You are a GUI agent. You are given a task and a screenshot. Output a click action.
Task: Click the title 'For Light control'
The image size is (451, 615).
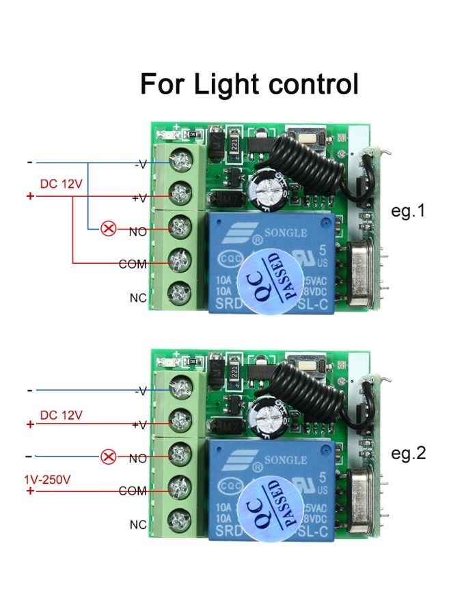click(249, 84)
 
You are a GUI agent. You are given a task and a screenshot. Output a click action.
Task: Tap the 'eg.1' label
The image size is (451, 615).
click(408, 211)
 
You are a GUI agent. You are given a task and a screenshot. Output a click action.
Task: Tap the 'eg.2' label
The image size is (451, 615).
click(408, 453)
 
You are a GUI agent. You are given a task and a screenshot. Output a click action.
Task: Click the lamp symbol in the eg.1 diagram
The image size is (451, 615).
click(108, 229)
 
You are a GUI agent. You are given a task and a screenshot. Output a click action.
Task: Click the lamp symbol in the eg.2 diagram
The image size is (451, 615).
click(108, 456)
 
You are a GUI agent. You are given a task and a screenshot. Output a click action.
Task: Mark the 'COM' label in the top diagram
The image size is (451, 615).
click(133, 264)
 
